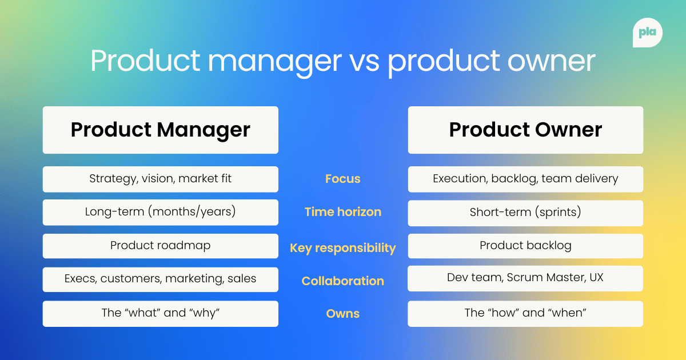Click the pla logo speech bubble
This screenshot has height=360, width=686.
tap(648, 33)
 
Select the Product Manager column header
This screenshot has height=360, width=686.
tap(160, 130)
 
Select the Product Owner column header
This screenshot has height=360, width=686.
tap(525, 130)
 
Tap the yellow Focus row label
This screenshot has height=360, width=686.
tap(342, 179)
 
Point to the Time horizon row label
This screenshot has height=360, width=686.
tap(342, 212)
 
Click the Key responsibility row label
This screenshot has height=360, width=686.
tap(342, 248)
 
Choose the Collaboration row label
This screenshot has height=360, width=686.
tap(342, 281)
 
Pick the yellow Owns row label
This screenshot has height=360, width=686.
tap(342, 314)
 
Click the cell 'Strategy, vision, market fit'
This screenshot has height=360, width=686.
tap(160, 179)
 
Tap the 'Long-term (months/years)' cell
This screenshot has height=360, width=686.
tap(160, 212)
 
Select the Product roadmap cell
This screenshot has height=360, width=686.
tap(160, 246)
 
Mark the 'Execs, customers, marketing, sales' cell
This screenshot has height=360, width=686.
tap(160, 279)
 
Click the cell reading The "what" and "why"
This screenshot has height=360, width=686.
tap(160, 313)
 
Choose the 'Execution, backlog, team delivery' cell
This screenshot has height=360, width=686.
tap(525, 179)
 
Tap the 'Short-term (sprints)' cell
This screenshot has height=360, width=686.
tap(525, 213)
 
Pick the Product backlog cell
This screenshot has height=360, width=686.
tap(525, 246)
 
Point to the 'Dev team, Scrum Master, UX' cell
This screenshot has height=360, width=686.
tap(525, 278)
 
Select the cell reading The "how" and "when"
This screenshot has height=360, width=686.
tap(525, 313)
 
